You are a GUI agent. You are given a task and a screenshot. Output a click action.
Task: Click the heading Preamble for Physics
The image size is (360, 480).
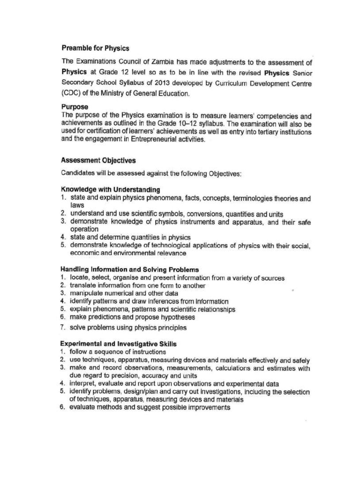[x=95, y=48]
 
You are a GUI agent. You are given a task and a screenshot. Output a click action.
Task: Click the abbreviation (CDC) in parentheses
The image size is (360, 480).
[x=71, y=93]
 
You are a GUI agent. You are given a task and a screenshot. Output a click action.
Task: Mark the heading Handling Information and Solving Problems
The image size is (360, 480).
[x=129, y=270]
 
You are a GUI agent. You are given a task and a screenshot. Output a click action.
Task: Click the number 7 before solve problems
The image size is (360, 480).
[x=62, y=328]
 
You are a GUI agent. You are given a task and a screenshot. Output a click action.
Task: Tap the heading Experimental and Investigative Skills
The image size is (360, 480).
[x=118, y=344]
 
